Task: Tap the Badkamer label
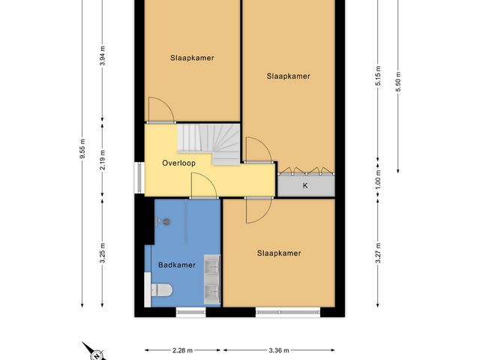click(x=177, y=265)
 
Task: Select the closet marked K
click(x=305, y=184)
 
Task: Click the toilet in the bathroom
click(x=162, y=289)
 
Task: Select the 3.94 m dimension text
click(x=103, y=57)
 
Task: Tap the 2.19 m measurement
click(x=103, y=160)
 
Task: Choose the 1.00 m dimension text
click(x=379, y=181)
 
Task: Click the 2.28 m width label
click(x=183, y=349)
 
